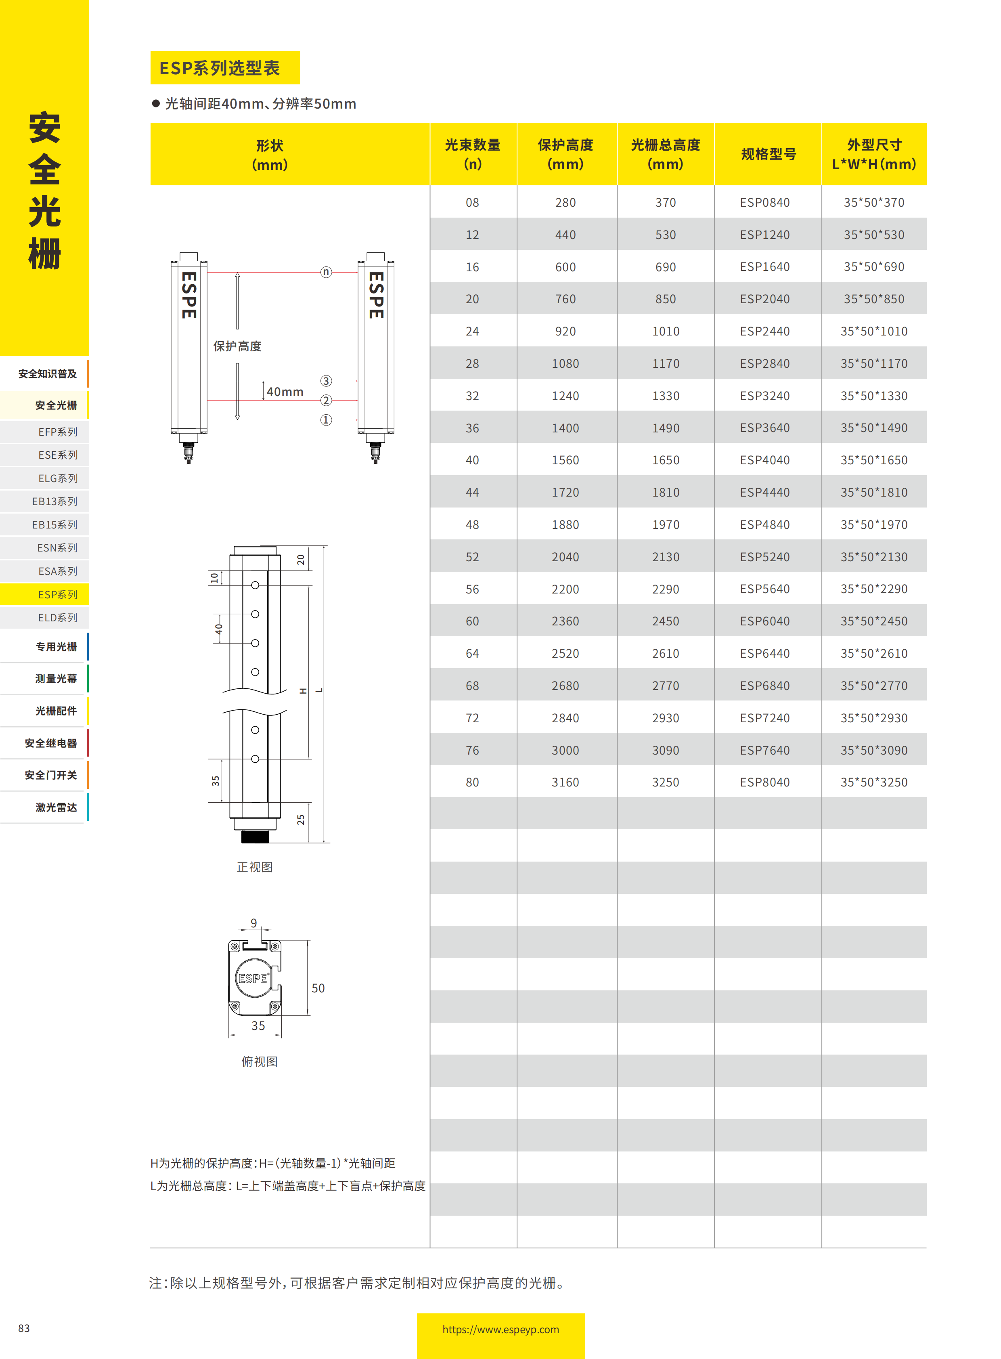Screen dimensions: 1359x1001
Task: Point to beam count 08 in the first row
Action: pyautogui.click(x=472, y=202)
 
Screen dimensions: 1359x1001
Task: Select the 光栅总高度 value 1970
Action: pyautogui.click(x=665, y=524)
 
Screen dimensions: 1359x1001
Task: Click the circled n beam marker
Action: pyautogui.click(x=326, y=272)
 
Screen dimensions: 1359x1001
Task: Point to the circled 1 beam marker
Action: pyautogui.click(x=326, y=419)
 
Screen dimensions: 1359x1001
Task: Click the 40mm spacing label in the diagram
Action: pyautogui.click(x=285, y=392)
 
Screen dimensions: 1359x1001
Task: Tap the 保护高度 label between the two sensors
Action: pyautogui.click(x=237, y=346)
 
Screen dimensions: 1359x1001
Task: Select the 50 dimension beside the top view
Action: pyautogui.click(x=318, y=988)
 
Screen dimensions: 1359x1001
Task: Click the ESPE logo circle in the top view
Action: pyautogui.click(x=253, y=978)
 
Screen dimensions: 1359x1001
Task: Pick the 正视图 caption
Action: pyautogui.click(x=255, y=867)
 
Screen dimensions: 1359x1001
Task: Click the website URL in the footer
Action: pyautogui.click(x=500, y=1329)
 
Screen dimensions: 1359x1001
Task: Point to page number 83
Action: pyautogui.click(x=24, y=1328)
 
